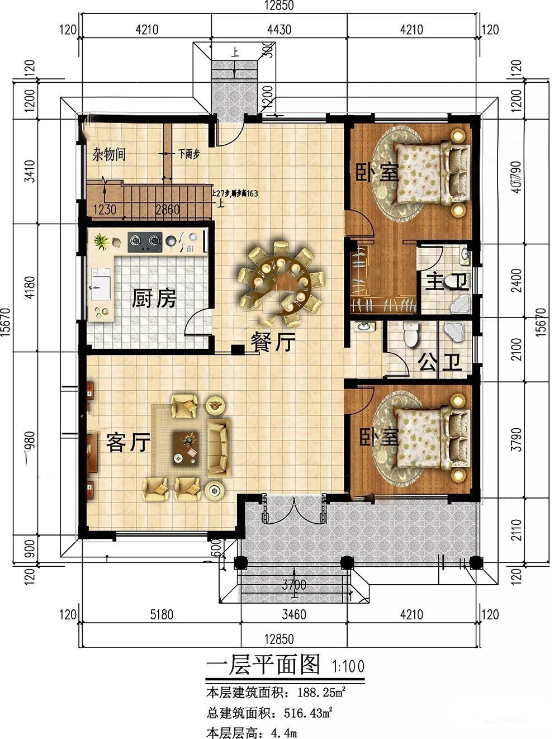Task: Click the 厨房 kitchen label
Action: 154,299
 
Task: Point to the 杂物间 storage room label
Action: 109,155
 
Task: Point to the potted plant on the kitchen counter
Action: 101,241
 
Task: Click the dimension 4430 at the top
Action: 278,30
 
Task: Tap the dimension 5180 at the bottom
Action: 162,615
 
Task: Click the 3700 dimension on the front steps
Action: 294,586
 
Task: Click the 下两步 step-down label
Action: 189,154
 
